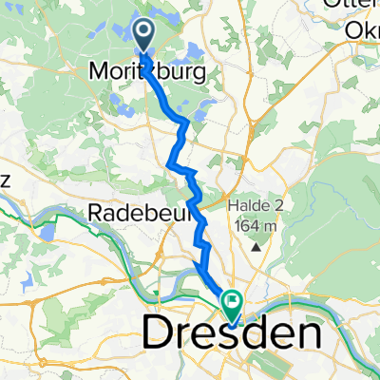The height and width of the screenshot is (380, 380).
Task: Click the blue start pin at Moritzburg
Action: point(143,35)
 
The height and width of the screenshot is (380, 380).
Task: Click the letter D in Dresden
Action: point(158,334)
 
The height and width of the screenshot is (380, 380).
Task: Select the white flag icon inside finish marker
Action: point(231,301)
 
